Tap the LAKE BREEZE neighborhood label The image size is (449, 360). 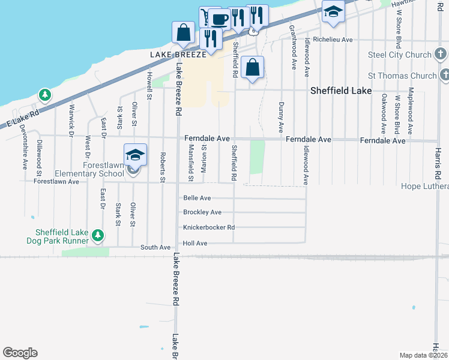tap(178, 53)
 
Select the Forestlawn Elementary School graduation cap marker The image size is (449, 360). tap(135, 155)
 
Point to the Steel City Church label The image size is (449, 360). tap(400, 55)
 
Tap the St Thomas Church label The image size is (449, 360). tap(402, 76)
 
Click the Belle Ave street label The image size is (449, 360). tap(197, 198)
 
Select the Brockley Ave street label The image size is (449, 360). tap(202, 212)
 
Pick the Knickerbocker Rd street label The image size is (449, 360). tap(208, 227)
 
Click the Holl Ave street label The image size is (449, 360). tap(195, 243)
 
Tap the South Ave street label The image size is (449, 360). tap(155, 247)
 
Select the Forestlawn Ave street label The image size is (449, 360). tap(56, 181)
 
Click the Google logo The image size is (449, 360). tap(20, 353)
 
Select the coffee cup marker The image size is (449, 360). tap(220, 18)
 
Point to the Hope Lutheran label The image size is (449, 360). tap(424, 187)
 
